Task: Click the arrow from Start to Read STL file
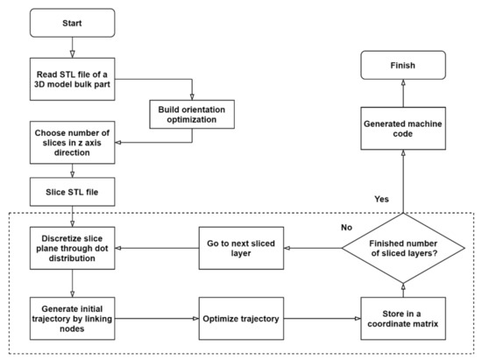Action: click(73, 46)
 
